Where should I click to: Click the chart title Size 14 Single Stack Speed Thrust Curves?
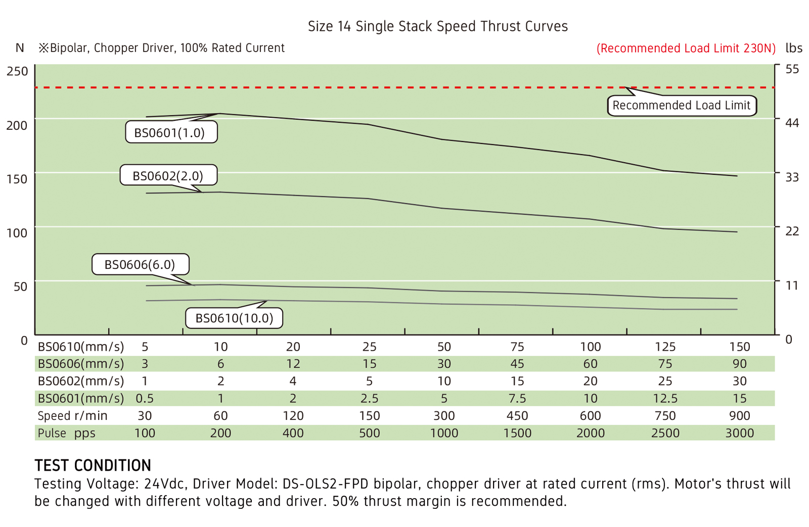coord(438,26)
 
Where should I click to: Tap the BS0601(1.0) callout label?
coord(171,132)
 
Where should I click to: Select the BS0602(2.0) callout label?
coord(169,175)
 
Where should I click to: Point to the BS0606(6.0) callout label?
coord(141,264)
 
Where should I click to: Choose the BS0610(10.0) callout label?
coord(234,318)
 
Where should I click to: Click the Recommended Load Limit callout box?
coord(682,106)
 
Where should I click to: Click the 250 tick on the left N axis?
coord(17,71)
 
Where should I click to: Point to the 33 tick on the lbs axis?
coord(792,177)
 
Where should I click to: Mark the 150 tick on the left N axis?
coord(17,179)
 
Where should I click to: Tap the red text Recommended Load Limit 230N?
coord(686,48)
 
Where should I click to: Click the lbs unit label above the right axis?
coord(794,47)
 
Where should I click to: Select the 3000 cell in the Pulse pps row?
coord(740,433)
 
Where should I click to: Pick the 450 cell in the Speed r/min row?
coord(517,415)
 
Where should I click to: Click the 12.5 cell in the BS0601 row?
coord(665,398)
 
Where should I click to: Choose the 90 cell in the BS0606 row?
coord(740,363)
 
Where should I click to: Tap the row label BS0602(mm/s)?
coord(81,381)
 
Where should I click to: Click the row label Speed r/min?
coord(73,416)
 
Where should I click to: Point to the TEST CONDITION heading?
coord(93,465)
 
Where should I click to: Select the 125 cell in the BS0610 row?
coord(665,347)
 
